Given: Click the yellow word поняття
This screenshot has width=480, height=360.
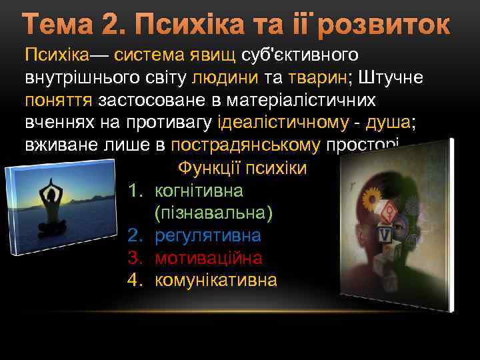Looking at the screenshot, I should pyautogui.click(x=59, y=100).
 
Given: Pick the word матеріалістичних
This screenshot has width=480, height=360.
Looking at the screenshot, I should pyautogui.click(x=306, y=100).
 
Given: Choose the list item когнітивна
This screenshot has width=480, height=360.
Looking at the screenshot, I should pyautogui.click(x=199, y=191).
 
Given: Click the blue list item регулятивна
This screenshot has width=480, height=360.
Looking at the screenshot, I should pyautogui.click(x=207, y=235).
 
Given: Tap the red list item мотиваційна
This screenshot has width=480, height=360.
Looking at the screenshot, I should pyautogui.click(x=208, y=257).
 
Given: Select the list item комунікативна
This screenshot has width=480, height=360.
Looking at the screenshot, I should pyautogui.click(x=215, y=279).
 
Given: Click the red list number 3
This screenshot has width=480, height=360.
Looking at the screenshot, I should pyautogui.click(x=133, y=257).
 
